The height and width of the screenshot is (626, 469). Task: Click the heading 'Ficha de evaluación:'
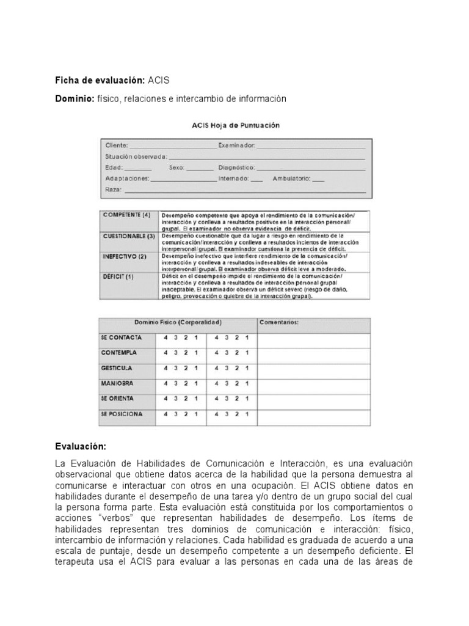click(x=100, y=80)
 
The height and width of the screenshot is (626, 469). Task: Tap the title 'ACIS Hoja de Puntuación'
click(x=235, y=125)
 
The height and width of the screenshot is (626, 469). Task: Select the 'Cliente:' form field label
click(x=117, y=145)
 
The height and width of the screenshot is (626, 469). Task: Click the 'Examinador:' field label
click(x=237, y=145)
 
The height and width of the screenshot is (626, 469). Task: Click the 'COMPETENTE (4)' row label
click(x=126, y=215)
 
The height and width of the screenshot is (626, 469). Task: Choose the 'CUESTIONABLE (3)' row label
click(x=129, y=235)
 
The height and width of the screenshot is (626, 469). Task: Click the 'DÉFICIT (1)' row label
click(x=118, y=276)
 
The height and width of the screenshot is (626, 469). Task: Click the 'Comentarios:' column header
click(x=279, y=322)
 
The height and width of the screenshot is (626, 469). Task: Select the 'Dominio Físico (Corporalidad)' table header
click(x=178, y=322)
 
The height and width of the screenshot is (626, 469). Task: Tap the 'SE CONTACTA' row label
click(x=121, y=337)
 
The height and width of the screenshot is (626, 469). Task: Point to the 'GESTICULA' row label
click(x=117, y=368)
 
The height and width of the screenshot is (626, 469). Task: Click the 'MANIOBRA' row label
click(x=117, y=383)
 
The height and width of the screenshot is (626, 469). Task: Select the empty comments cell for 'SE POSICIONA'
click(x=313, y=416)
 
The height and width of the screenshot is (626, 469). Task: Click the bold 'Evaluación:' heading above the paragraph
click(x=81, y=447)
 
